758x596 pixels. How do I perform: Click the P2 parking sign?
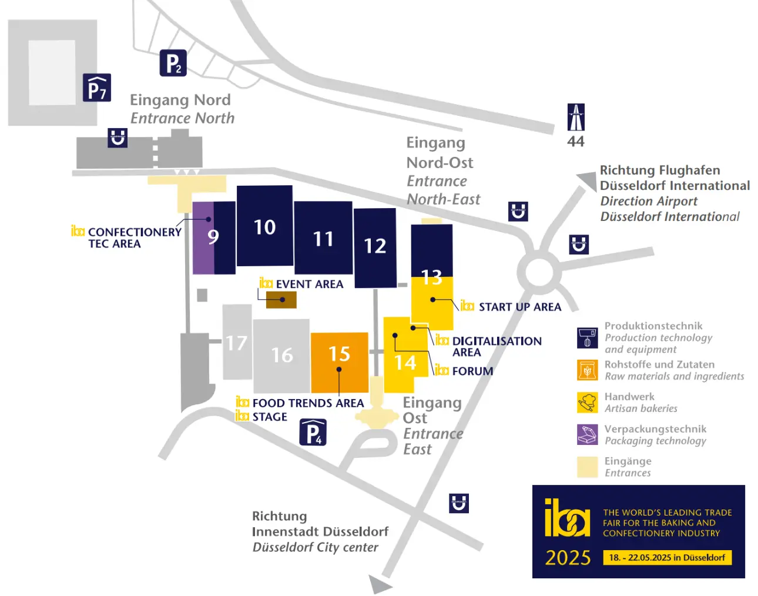coord(173,63)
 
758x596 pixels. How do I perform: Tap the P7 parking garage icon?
coord(96,88)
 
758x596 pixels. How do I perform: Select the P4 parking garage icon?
coord(313,433)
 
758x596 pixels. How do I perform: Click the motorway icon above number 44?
coord(576,117)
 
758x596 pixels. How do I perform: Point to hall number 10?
coord(265,227)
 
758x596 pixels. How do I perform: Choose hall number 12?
coord(375,246)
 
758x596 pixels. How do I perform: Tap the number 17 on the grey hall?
coord(236,343)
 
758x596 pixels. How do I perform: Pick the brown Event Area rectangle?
coord(281,300)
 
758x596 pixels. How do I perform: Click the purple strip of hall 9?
coord(203,238)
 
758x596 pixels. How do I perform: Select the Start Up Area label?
coord(520,307)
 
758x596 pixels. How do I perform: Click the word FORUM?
coord(472,371)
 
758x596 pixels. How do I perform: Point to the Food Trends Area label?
coord(308,403)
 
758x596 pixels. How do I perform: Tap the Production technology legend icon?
coord(588,338)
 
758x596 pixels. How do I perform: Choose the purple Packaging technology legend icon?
coord(588,434)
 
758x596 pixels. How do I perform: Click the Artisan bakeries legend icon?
coord(588,403)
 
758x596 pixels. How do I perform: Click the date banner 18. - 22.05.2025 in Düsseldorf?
coord(668,558)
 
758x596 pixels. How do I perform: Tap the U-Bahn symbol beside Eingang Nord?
coord(117,138)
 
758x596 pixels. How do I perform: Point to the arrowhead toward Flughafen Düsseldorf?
coord(588,181)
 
